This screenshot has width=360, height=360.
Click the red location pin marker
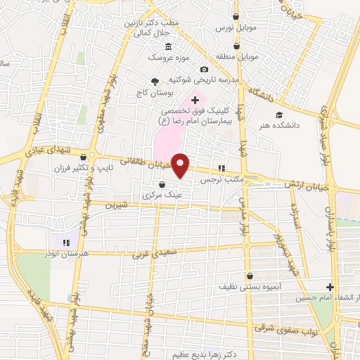tap(181, 165)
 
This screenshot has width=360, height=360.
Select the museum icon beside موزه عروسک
tap(169, 46)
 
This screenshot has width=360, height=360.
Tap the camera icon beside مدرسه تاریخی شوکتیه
tap(204, 70)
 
